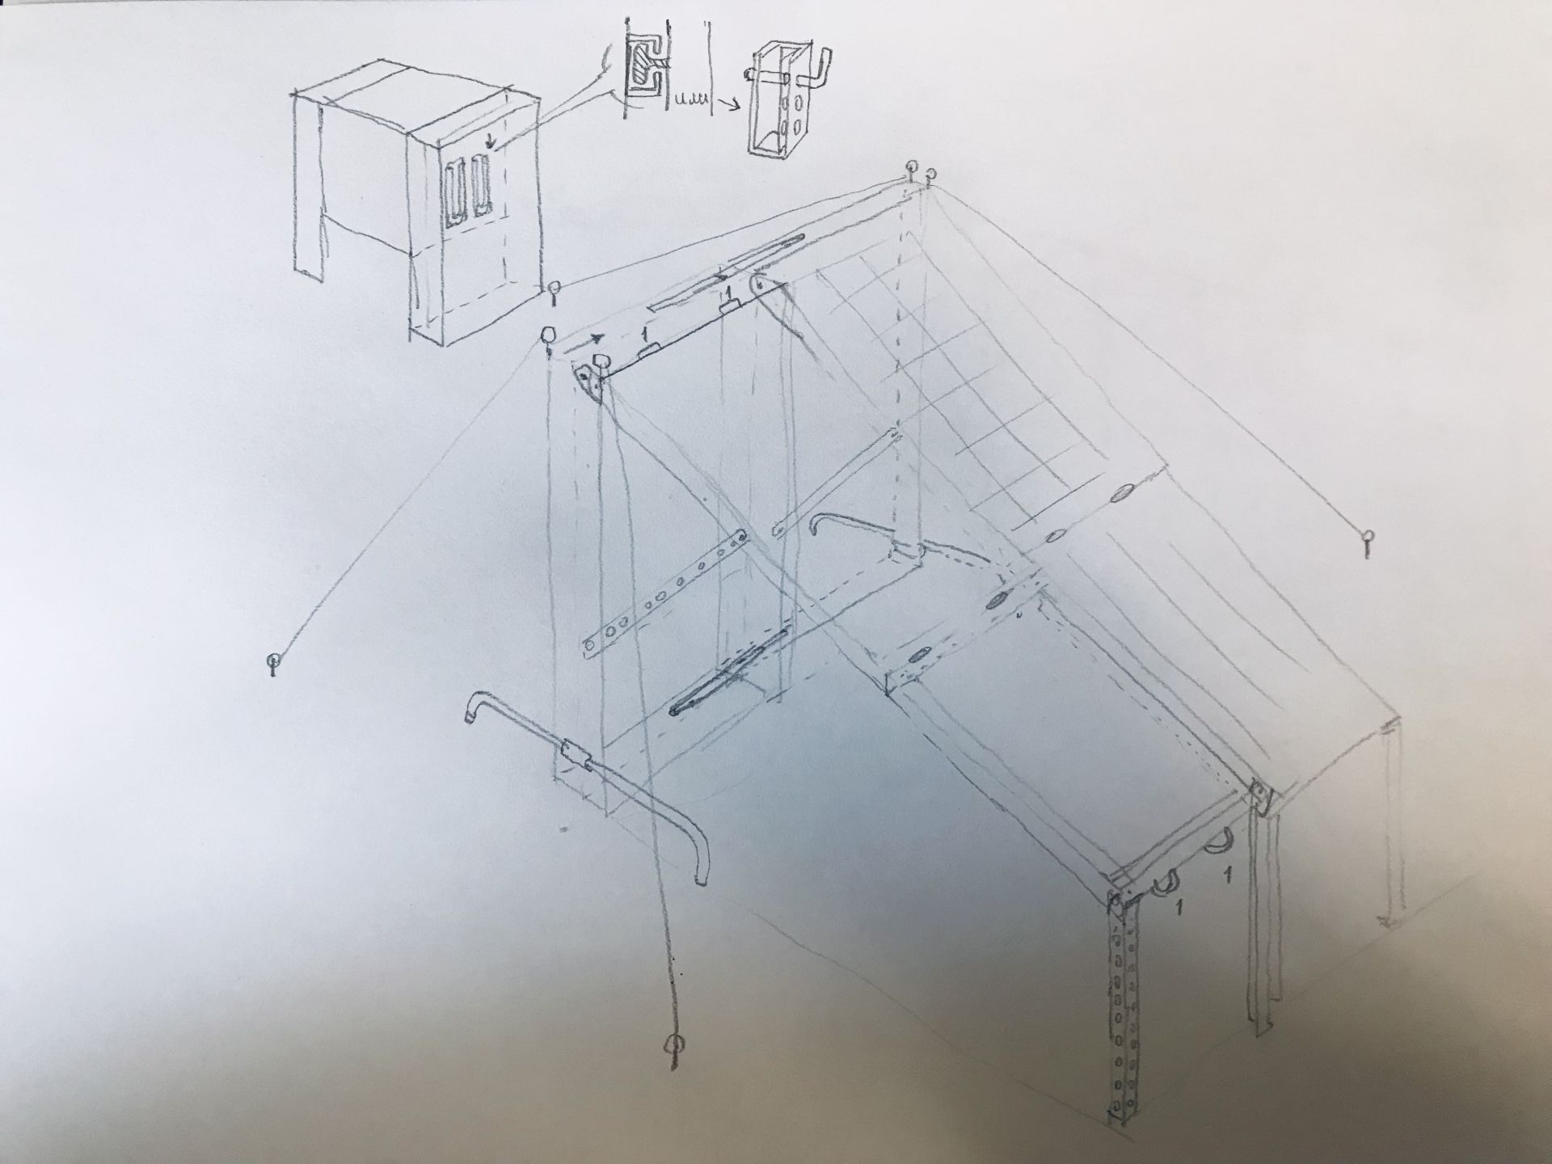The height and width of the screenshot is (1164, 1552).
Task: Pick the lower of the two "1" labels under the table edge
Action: (1179, 907)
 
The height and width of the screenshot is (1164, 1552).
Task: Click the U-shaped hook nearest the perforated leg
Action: (1165, 883)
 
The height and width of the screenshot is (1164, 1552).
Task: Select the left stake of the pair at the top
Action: (913, 172)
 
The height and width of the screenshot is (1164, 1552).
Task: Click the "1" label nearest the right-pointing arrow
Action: (644, 333)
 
